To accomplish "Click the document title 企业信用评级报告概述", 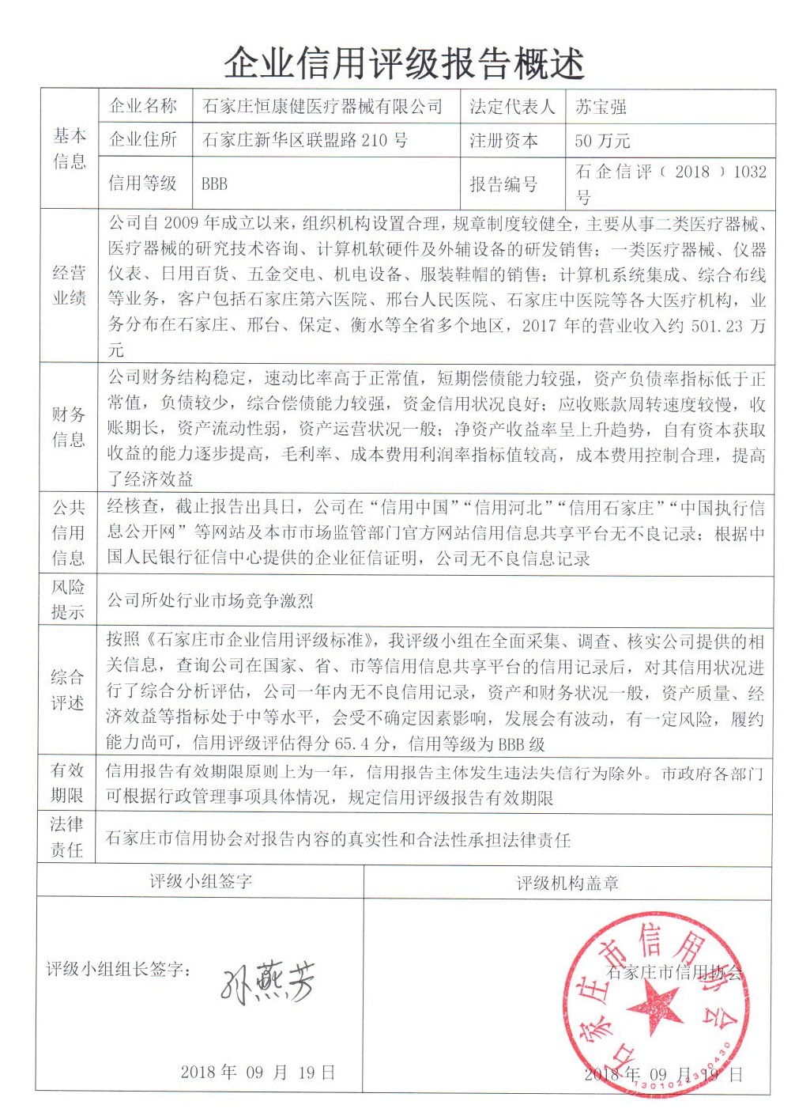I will point(404,62).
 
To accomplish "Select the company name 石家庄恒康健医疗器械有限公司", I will point(322,106).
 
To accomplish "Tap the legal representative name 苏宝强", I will point(601,106).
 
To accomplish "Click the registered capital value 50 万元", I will point(602,141).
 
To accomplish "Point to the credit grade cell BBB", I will point(214,184).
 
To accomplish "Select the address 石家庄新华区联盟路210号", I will point(305,141).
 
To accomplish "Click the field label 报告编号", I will point(503,184).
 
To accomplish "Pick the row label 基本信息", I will point(70,149).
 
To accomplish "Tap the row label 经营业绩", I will point(70,286).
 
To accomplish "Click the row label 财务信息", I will point(70,427).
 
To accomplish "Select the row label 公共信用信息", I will point(70,532).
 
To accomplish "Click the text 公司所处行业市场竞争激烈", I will point(210,600).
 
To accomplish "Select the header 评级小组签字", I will point(201,881).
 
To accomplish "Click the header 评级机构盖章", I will point(567,883).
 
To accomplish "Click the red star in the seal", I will point(655,1010).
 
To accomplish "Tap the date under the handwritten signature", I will point(258,1073).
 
